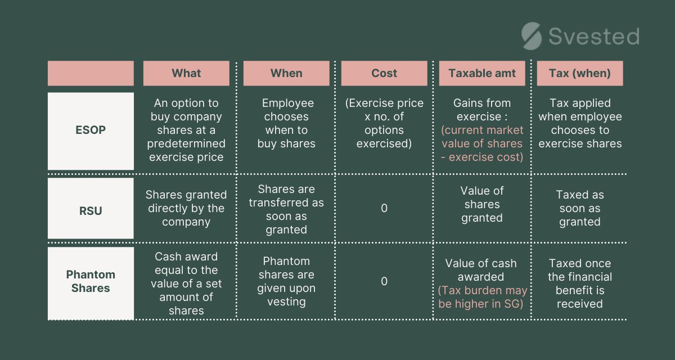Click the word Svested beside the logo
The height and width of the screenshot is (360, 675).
(593, 37)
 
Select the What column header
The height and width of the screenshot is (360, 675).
(186, 73)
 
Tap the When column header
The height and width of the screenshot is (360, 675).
(286, 73)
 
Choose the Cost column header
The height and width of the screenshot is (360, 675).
(384, 73)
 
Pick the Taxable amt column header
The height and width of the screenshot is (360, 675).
(482, 73)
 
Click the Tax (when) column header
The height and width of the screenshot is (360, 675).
(580, 73)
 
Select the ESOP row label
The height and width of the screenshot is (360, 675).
(91, 130)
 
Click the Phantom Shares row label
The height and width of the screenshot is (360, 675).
(91, 281)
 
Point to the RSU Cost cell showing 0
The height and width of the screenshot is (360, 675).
(384, 208)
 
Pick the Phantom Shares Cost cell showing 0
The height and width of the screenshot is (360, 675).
(384, 281)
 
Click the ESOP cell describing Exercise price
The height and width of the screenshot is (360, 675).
(384, 123)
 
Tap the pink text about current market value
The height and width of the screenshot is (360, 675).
(482, 143)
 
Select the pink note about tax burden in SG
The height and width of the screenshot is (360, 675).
(482, 297)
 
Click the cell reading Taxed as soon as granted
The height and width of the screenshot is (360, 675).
(580, 208)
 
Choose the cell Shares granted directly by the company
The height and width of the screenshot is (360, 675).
(186, 208)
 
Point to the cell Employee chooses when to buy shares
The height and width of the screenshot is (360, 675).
(286, 123)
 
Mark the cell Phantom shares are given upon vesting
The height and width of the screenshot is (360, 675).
(286, 281)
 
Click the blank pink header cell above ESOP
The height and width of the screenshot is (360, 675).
(91, 73)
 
